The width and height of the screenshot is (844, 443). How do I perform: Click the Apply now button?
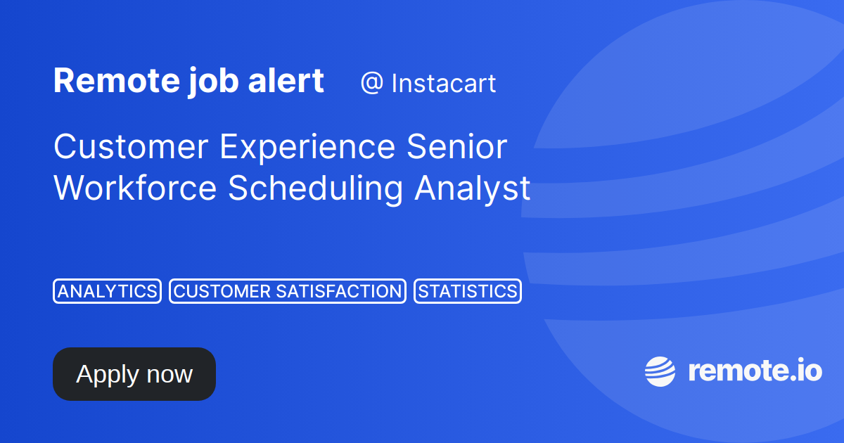pyautogui.click(x=134, y=374)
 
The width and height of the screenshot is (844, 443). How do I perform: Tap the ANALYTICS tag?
pyautogui.click(x=107, y=291)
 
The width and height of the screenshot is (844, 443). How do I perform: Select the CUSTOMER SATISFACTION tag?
pyautogui.click(x=287, y=291)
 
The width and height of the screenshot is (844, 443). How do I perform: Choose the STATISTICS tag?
pyautogui.click(x=467, y=291)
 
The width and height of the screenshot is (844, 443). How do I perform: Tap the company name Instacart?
pyautogui.click(x=443, y=84)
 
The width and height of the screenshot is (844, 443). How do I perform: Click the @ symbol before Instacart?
pyautogui.click(x=371, y=84)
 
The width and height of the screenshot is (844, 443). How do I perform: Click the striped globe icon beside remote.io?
pyautogui.click(x=660, y=371)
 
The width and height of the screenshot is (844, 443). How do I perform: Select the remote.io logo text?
pyautogui.click(x=754, y=371)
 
